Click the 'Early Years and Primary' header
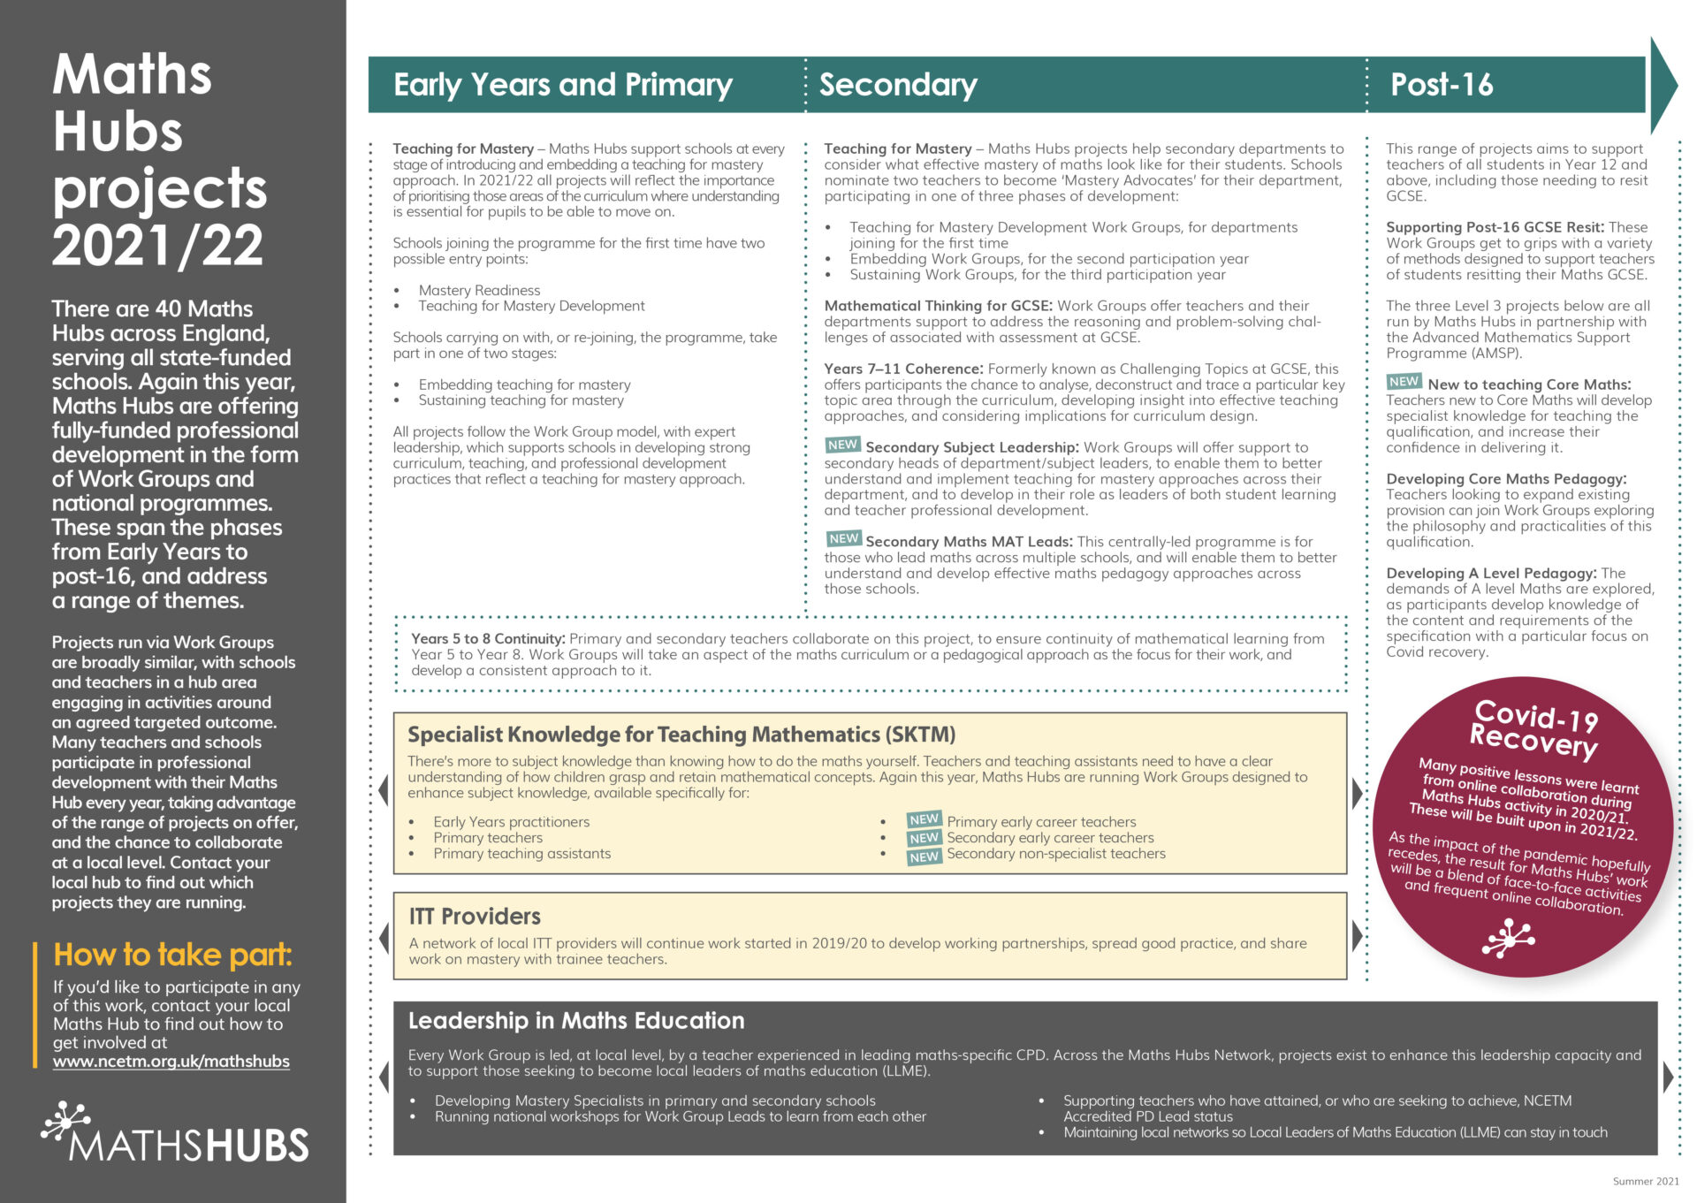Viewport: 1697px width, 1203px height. point(562,85)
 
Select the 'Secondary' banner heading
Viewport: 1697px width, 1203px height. point(897,85)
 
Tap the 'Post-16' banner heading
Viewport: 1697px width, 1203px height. point(1441,85)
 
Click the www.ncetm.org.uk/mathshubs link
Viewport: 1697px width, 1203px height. point(171,1062)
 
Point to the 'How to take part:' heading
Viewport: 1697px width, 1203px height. point(172,955)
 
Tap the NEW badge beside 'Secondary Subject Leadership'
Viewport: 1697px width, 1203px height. point(842,445)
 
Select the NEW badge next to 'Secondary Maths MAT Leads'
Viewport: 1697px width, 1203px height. point(843,538)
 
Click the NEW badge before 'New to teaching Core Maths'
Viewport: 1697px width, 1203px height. point(1404,382)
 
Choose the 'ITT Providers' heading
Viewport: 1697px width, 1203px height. point(475,917)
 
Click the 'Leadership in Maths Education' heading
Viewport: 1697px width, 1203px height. point(575,1021)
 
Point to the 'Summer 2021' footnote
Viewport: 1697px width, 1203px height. point(1645,1181)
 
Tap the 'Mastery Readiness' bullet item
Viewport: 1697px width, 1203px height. point(479,291)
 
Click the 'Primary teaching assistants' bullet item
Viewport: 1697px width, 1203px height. point(521,854)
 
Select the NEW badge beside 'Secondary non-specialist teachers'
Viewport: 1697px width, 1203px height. point(924,857)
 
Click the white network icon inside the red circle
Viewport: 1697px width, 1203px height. point(1508,937)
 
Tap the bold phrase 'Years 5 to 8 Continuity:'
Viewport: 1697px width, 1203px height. point(488,639)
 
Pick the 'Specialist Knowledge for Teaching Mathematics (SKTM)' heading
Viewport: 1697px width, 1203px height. point(681,735)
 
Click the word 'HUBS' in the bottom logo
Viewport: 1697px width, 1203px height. point(258,1146)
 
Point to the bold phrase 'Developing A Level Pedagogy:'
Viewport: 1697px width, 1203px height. point(1491,574)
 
